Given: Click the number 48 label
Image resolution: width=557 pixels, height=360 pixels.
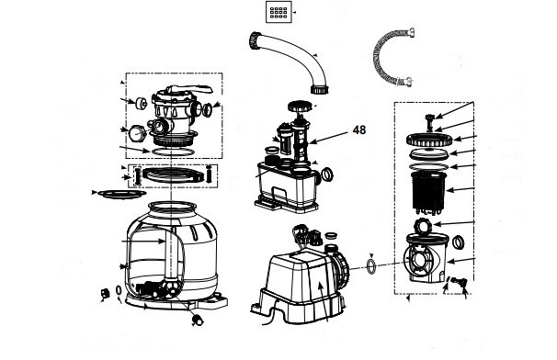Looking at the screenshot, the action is click(x=359, y=129).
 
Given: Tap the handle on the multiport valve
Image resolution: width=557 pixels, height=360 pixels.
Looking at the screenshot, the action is click(x=189, y=89).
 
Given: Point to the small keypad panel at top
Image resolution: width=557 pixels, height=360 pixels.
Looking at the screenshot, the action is click(x=278, y=12).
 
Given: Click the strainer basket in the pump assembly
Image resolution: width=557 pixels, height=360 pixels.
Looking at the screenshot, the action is click(x=428, y=193).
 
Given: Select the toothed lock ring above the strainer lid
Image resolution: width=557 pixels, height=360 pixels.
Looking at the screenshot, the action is click(x=429, y=140).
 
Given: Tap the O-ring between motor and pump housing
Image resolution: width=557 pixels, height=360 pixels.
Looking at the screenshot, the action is click(x=370, y=266).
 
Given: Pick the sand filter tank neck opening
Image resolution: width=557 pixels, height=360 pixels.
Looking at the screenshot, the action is click(x=172, y=207).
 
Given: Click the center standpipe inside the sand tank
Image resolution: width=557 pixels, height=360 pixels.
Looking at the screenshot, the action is click(x=172, y=255).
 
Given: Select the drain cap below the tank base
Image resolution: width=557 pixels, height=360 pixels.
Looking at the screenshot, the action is click(x=197, y=320).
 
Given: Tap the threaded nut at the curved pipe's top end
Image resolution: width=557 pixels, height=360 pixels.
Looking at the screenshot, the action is click(x=255, y=40).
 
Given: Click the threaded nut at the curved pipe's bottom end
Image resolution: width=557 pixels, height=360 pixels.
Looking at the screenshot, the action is click(x=319, y=89).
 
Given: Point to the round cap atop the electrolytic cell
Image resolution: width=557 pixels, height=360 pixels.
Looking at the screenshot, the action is click(x=300, y=106).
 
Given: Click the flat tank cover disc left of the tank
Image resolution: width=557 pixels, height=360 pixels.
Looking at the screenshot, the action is click(x=122, y=194).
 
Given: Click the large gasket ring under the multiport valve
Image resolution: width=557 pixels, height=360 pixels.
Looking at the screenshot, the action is click(x=173, y=152).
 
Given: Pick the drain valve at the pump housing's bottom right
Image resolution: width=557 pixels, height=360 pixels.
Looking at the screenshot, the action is click(x=459, y=282).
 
